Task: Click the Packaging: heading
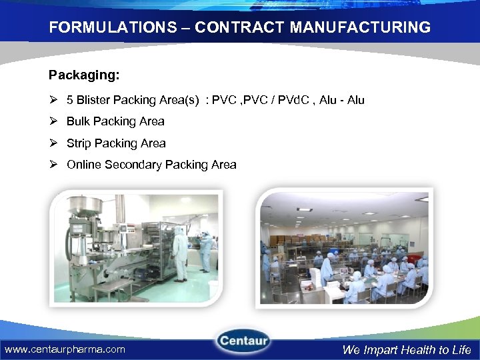tap(84, 75)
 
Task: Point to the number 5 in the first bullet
tap(70, 100)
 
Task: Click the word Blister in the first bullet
tap(94, 100)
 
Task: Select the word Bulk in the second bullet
tap(79, 121)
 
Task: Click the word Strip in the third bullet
tap(79, 143)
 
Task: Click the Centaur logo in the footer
tap(243, 342)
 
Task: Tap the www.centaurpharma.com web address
tap(65, 349)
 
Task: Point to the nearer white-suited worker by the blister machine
tap(180, 252)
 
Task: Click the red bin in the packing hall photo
tap(414, 258)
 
